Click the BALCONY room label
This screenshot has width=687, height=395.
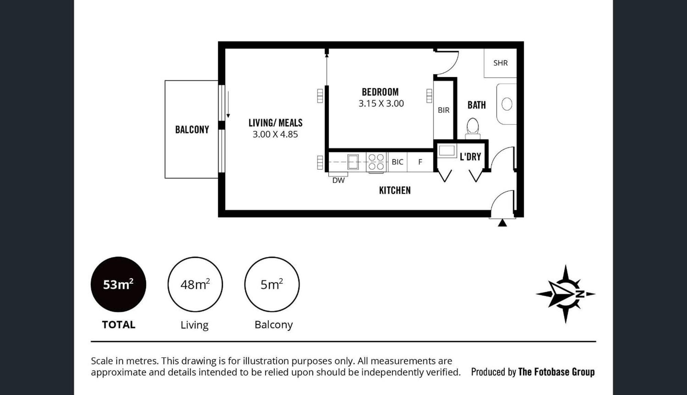(192, 130)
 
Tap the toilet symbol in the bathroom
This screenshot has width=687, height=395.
(473, 128)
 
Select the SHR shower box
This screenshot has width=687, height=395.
(500, 63)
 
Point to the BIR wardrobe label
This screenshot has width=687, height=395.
(443, 110)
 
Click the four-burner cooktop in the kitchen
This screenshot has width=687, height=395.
(376, 162)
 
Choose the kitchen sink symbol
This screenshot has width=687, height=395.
(353, 162)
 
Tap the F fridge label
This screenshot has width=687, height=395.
(420, 162)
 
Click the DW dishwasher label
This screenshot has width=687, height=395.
(338, 180)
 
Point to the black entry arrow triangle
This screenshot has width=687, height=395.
(502, 223)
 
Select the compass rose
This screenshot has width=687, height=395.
(565, 294)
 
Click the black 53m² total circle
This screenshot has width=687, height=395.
(119, 284)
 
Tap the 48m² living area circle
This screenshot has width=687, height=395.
(195, 284)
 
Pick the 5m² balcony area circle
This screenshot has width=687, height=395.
(272, 284)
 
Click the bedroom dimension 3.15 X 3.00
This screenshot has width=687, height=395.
(381, 103)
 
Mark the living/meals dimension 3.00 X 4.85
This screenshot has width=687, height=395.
(275, 134)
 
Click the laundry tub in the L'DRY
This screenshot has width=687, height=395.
(447, 151)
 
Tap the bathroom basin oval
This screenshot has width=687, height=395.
(507, 104)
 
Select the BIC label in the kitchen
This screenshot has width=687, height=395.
(397, 162)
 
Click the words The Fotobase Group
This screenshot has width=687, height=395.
(556, 372)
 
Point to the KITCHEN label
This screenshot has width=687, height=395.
(395, 190)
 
